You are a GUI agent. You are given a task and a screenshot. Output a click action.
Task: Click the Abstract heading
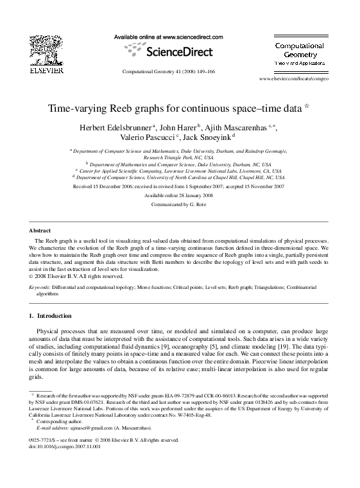point(40,229)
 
